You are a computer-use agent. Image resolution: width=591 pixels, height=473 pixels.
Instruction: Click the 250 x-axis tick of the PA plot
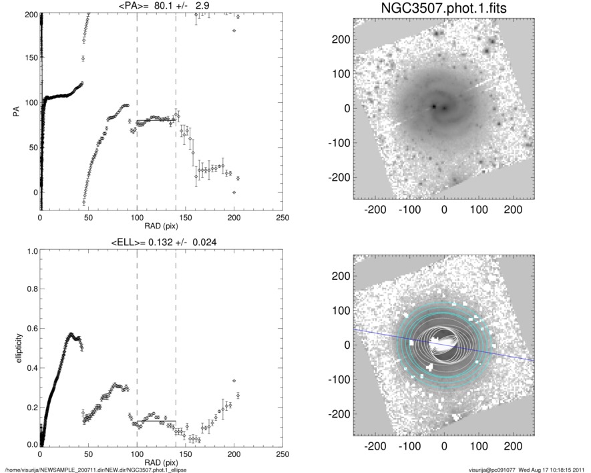click(x=282, y=218)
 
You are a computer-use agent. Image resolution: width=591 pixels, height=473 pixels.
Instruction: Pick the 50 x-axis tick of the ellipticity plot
click(x=88, y=454)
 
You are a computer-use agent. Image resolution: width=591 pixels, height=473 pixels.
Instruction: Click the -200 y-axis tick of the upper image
click(x=339, y=177)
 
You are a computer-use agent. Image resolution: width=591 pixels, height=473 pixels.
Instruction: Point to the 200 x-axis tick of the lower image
click(x=513, y=444)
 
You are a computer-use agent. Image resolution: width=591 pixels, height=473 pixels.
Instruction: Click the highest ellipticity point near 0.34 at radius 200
click(x=234, y=381)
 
